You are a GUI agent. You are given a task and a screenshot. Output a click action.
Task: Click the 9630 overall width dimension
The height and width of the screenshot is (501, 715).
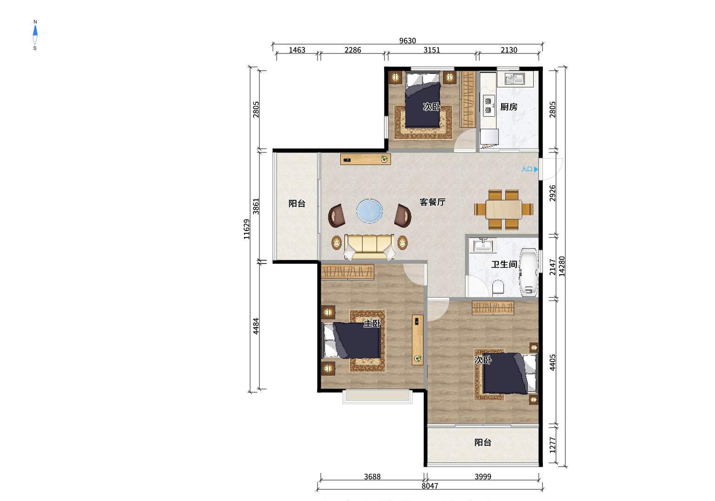[x=408, y=40]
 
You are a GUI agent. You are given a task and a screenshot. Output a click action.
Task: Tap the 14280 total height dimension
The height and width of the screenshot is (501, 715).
[x=562, y=266]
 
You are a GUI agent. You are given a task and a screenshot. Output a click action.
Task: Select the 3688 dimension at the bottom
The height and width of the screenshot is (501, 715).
[x=372, y=476]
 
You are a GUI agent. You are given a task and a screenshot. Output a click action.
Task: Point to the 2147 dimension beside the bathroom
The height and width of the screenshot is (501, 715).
[x=553, y=267]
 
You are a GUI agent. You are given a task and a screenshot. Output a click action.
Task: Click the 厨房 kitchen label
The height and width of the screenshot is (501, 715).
[x=509, y=106]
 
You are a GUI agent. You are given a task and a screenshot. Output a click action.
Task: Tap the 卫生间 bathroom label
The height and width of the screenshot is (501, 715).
[x=504, y=264]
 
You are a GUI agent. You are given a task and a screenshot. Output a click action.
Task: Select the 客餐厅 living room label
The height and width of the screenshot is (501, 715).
[x=432, y=202]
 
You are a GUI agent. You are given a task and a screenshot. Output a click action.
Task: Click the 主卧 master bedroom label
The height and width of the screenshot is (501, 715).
[x=372, y=323]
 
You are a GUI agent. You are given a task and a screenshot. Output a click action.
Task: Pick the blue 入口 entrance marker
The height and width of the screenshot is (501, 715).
[x=530, y=169]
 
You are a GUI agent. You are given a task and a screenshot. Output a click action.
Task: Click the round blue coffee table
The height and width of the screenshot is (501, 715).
[x=370, y=211]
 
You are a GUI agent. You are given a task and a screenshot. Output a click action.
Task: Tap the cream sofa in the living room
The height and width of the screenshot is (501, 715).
[x=369, y=247]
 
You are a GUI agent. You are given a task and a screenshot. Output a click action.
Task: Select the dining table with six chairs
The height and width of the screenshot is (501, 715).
[x=503, y=210]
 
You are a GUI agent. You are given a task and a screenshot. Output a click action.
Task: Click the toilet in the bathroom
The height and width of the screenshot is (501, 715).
[x=498, y=287]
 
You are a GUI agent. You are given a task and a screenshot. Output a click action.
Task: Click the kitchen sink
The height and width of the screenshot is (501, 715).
[x=515, y=79]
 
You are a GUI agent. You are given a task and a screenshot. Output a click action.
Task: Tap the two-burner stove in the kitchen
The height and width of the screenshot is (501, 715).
[x=489, y=105]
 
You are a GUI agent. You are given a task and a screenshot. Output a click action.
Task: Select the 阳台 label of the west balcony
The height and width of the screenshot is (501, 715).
[x=297, y=203]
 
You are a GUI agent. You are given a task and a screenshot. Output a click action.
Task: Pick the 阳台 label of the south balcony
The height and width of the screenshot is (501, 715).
[x=483, y=442]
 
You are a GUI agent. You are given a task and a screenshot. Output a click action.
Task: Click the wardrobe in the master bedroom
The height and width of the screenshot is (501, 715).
[x=348, y=272]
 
